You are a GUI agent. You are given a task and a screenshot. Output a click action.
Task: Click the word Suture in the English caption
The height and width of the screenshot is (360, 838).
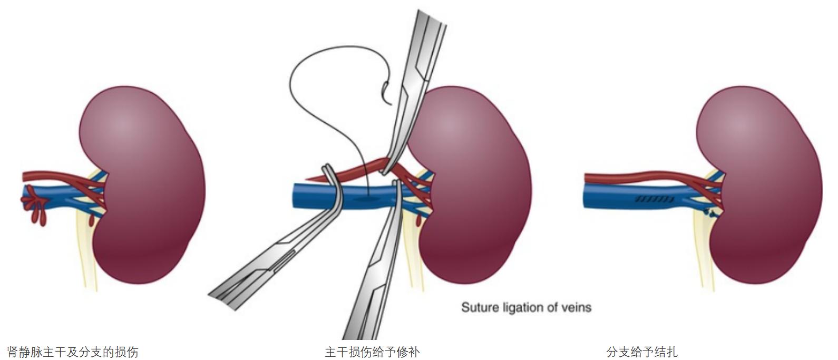tap(480, 307)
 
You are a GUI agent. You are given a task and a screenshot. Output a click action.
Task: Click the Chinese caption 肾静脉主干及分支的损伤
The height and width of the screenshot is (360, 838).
tap(73, 352)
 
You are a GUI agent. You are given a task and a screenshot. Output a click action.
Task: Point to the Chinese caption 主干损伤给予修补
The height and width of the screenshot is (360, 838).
tap(372, 352)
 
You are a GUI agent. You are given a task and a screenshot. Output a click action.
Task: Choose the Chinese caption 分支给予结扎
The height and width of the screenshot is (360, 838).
tap(642, 352)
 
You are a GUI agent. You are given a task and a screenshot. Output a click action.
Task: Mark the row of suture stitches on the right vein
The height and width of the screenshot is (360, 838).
tap(654, 199)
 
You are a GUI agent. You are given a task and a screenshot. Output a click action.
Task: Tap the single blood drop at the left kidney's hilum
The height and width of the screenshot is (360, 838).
tap(93, 218)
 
